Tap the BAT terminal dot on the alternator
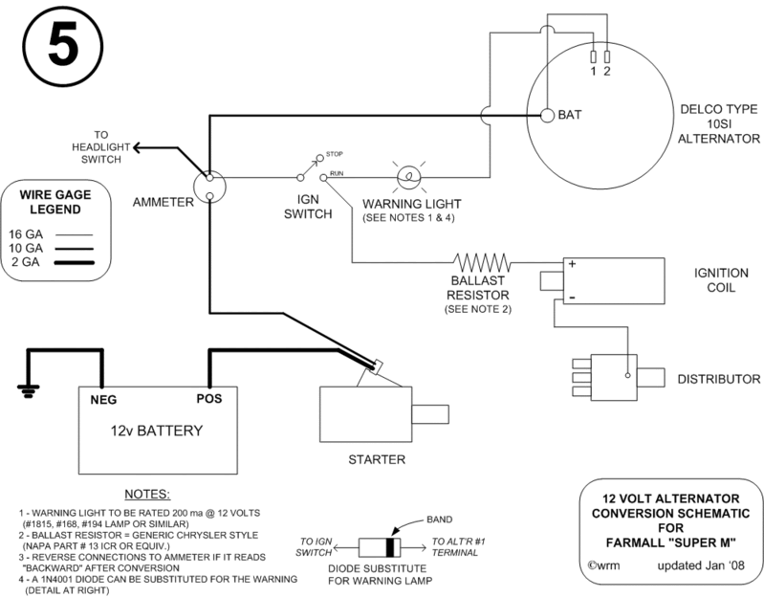click(x=548, y=116)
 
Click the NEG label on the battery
click(x=103, y=398)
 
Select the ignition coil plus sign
click(x=570, y=265)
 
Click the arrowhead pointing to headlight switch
click(x=139, y=147)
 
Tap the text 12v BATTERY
click(x=156, y=431)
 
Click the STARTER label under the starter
click(x=376, y=459)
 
